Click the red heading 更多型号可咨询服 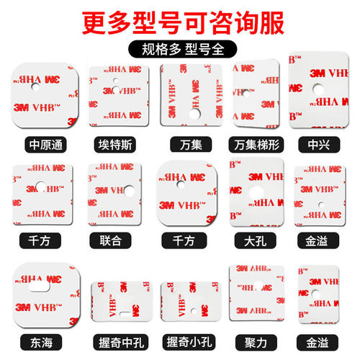click(180, 19)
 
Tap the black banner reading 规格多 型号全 click(180, 50)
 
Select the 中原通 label click(43, 144)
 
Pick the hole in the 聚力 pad click(258, 285)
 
